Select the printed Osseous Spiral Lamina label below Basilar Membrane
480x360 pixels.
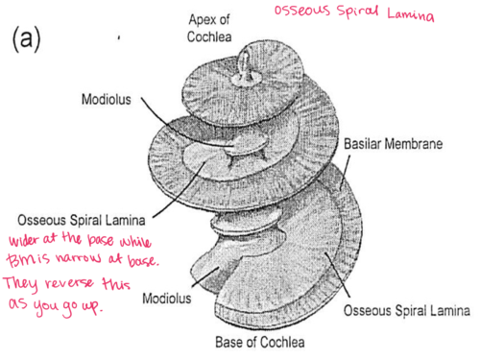pos(406,312)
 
